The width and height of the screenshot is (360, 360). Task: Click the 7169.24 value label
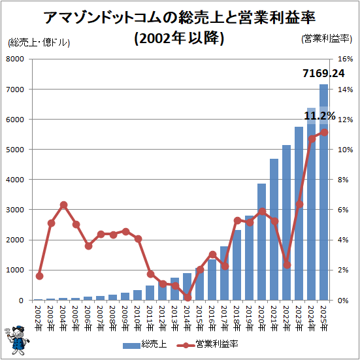[x=323, y=73]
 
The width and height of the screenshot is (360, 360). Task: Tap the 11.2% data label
[x=319, y=116]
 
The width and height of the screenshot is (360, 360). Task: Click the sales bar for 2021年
[x=274, y=229]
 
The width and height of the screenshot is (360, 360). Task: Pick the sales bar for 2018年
[x=237, y=265]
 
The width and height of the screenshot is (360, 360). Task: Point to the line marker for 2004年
[x=63, y=205]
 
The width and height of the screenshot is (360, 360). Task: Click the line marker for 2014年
[x=188, y=297]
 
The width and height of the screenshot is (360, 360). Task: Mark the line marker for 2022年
[x=287, y=265]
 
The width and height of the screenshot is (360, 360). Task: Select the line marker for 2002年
[x=39, y=276]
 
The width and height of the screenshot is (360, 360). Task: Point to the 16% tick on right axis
[x=345, y=59]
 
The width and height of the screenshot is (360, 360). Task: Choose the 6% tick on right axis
[x=345, y=210]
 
